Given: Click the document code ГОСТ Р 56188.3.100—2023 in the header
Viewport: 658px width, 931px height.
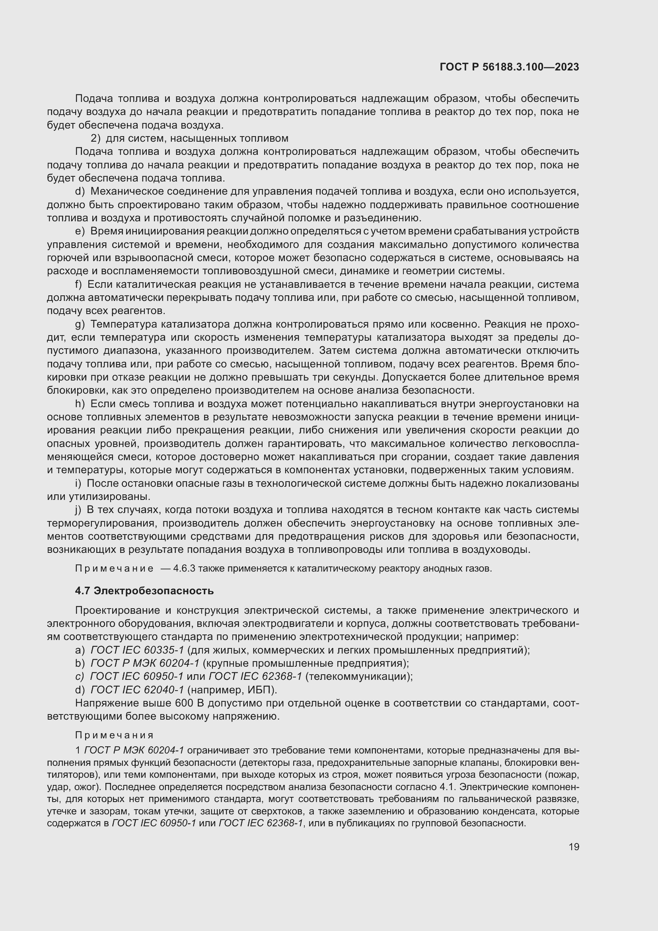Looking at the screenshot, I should tap(509, 67).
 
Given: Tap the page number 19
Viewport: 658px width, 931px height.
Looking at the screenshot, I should tap(574, 847).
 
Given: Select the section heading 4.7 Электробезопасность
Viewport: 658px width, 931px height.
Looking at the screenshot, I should tap(144, 591).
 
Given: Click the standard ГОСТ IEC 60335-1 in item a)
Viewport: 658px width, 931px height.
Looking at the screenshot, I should tap(137, 650).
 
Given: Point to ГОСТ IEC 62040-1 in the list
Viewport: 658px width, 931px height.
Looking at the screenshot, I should tap(137, 690).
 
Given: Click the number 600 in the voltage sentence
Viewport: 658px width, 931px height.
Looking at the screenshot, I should tap(183, 703).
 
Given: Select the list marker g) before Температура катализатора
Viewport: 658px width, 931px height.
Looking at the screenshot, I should tap(80, 324).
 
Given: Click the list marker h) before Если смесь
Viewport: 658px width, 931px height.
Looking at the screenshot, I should tap(80, 404).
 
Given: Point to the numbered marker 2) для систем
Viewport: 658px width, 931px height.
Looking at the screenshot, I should tap(95, 138).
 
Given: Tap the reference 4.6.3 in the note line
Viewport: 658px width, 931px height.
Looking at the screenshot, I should tap(184, 568).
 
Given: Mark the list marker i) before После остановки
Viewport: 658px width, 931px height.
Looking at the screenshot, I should tap(78, 483).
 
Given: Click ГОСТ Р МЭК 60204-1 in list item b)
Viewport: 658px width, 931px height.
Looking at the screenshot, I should tap(145, 664).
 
